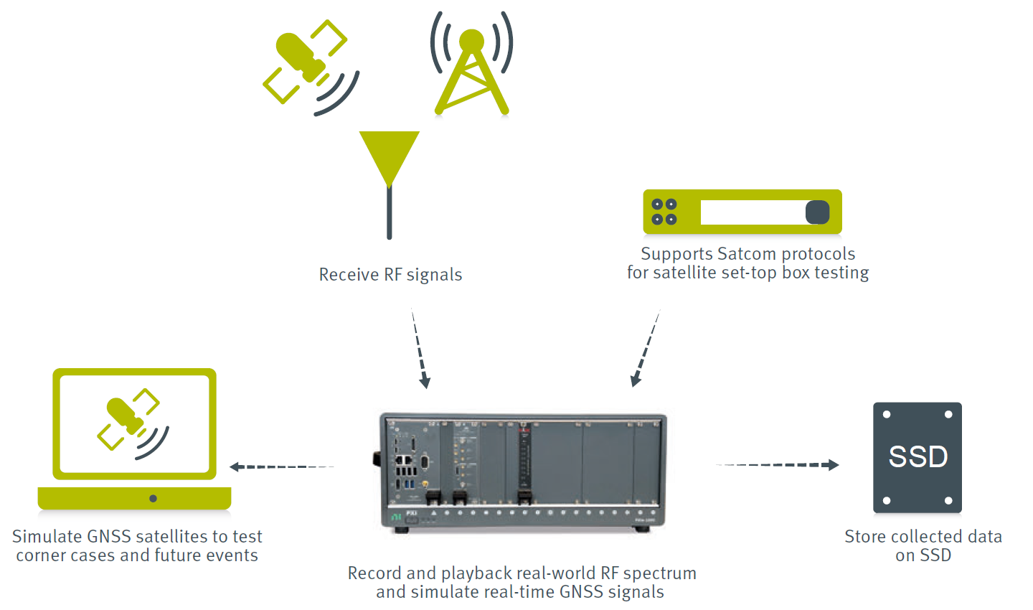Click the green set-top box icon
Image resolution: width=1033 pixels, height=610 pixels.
click(742, 212)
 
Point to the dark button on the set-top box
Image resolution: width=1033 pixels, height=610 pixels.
click(817, 212)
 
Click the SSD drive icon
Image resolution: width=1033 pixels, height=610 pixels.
click(918, 457)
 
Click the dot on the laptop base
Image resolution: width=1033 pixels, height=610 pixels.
click(153, 498)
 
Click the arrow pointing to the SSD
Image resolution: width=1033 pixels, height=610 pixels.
click(778, 465)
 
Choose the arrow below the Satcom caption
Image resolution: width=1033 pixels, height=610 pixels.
click(645, 349)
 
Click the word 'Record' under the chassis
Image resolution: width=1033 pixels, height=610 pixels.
click(374, 573)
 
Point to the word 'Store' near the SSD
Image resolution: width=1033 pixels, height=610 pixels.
click(864, 537)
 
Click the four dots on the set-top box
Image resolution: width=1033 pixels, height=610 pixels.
click(664, 212)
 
